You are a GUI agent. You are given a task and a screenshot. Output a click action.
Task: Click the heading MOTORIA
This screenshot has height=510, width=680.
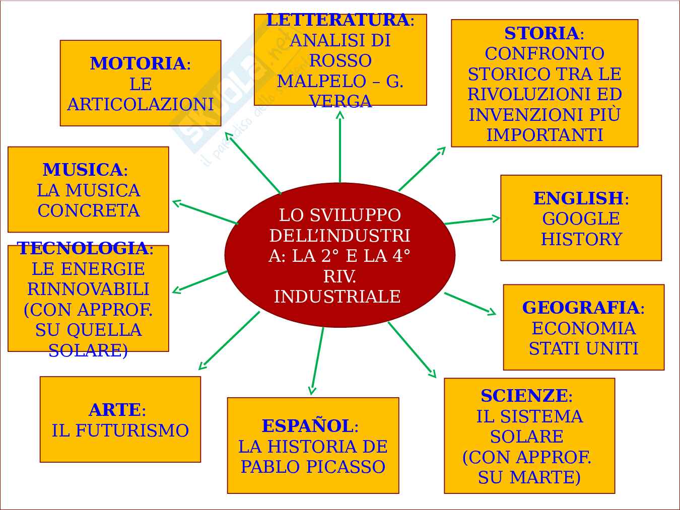[138, 64]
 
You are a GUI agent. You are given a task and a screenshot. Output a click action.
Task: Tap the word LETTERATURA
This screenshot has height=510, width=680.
[337, 20]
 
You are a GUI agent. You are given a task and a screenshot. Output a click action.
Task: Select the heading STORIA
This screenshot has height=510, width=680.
[541, 33]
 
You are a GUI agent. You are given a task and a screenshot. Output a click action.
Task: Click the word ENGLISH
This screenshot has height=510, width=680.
[578, 198]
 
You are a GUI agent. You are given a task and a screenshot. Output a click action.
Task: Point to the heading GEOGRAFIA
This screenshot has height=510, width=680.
[581, 308]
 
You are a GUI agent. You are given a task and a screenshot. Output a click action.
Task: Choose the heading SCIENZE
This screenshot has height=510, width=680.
[524, 396]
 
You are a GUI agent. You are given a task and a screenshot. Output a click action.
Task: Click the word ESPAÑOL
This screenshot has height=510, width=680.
[307, 426]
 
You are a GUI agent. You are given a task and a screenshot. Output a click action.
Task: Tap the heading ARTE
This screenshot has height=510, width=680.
[114, 410]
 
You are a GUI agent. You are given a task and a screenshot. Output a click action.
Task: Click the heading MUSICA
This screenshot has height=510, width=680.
[83, 170]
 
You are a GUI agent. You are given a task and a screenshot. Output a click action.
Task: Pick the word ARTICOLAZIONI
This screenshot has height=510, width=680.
[141, 105]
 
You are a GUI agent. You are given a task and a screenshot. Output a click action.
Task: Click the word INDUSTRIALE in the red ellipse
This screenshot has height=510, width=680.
[337, 297]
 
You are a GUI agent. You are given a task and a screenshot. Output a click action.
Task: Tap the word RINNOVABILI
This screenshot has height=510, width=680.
[88, 289]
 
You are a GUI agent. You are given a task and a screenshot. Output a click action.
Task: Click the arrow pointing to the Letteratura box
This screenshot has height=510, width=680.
[340, 146]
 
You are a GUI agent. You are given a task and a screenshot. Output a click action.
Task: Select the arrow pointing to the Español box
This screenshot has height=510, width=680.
[317, 360]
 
